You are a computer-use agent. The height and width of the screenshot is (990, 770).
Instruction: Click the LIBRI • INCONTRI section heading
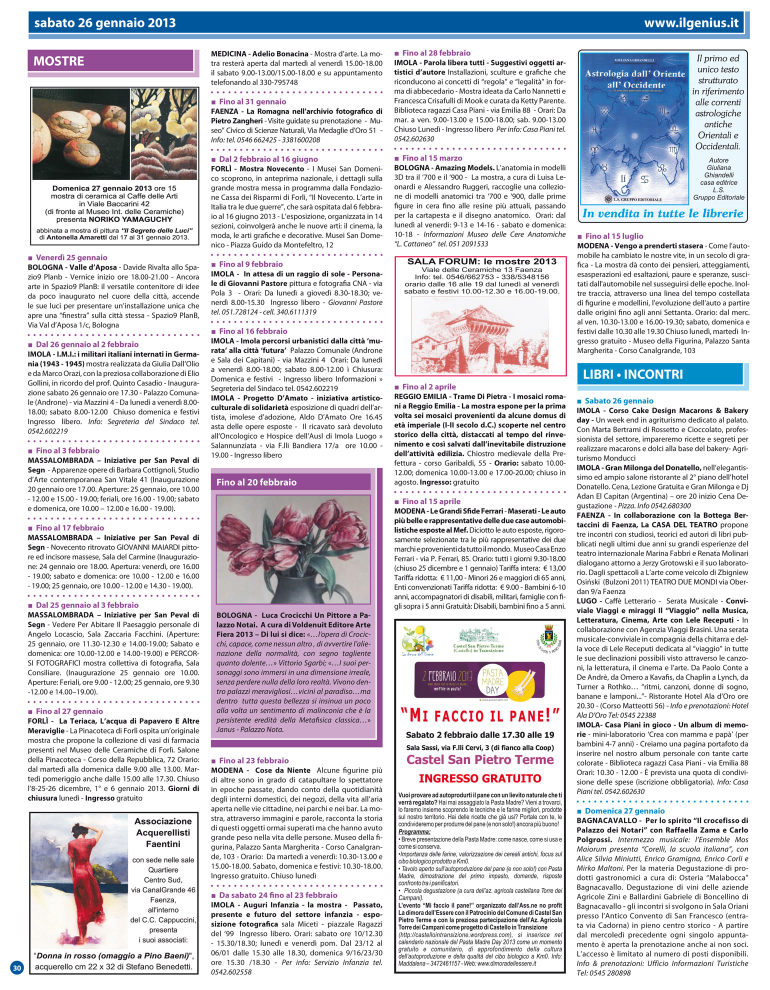(x=632, y=374)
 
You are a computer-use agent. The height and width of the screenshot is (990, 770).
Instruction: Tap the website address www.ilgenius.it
(x=691, y=23)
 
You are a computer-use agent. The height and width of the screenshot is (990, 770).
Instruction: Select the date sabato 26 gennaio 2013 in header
(x=105, y=23)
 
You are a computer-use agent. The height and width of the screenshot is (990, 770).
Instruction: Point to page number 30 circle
(x=17, y=967)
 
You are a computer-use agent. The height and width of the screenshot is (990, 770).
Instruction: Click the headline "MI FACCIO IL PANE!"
(x=479, y=715)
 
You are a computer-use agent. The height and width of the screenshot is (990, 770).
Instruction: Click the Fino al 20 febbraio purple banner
(x=256, y=482)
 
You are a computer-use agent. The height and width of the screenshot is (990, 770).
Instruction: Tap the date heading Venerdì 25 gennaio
(x=71, y=258)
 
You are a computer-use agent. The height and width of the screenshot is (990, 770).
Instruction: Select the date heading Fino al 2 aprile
(x=429, y=387)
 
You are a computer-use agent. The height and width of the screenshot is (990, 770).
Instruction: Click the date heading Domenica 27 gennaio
(x=624, y=811)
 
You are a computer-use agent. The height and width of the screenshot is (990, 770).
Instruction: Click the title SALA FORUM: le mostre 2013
(x=481, y=261)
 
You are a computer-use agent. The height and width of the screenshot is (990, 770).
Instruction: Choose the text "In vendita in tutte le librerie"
(x=662, y=213)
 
